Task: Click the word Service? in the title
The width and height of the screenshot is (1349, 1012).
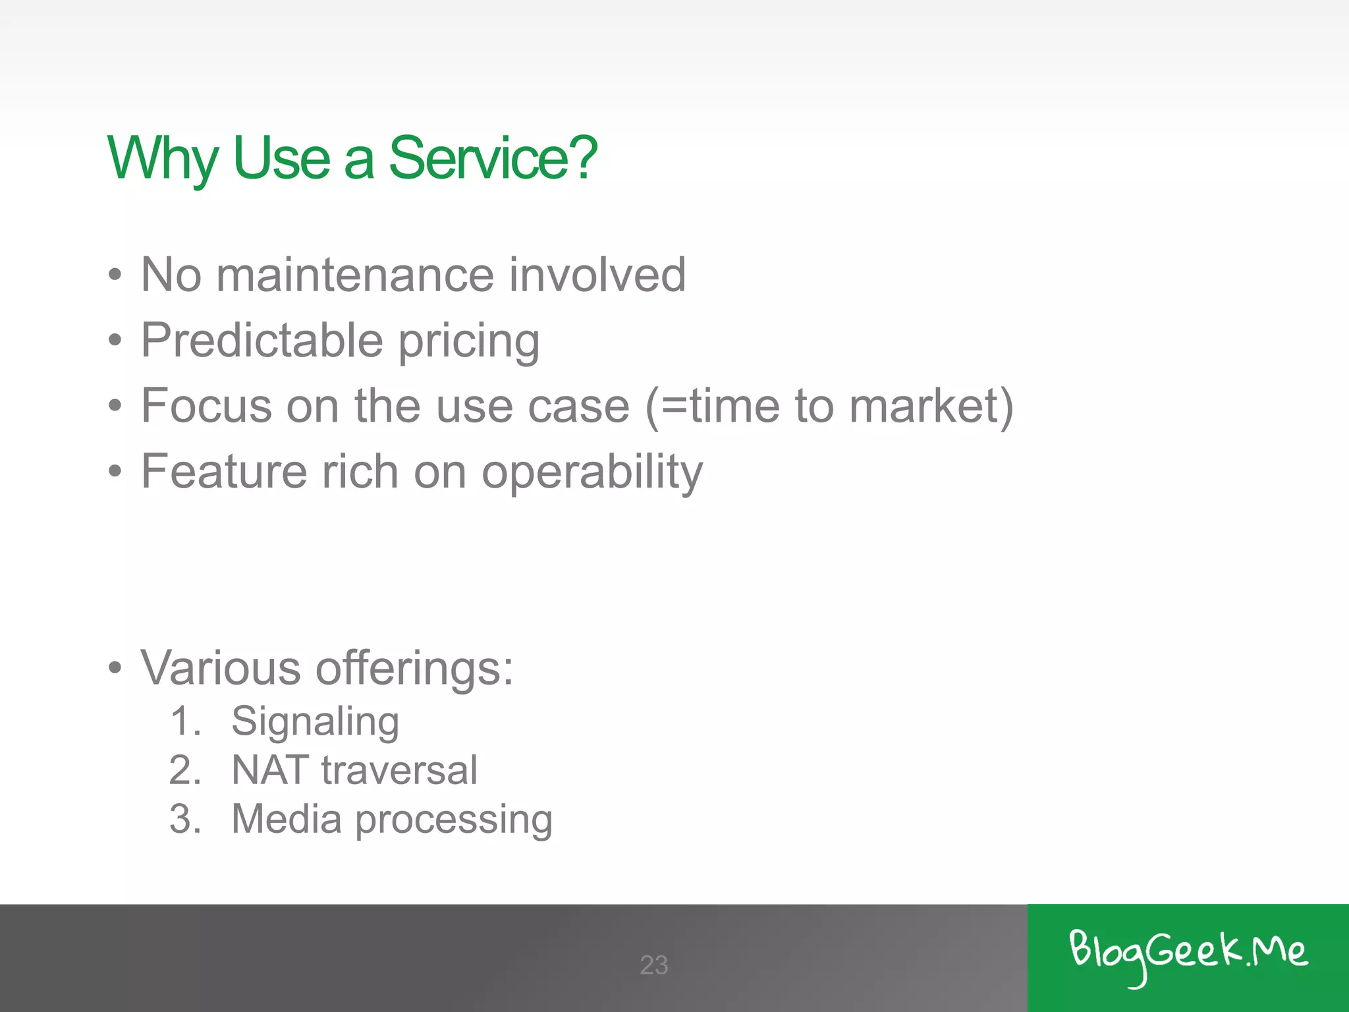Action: (x=493, y=158)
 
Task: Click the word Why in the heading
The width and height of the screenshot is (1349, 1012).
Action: (x=162, y=158)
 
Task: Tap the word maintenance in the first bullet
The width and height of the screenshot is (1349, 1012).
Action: (x=356, y=275)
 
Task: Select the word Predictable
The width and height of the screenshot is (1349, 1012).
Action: (x=262, y=340)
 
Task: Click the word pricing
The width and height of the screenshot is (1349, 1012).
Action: (x=469, y=343)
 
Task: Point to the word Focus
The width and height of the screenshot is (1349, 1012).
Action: (x=206, y=405)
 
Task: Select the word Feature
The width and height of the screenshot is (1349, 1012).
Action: (x=224, y=471)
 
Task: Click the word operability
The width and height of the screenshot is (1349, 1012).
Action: (x=592, y=473)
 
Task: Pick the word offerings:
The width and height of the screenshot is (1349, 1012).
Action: (x=414, y=668)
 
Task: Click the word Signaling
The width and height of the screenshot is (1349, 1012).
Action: (x=315, y=722)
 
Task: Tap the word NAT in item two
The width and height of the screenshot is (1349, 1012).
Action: (x=270, y=770)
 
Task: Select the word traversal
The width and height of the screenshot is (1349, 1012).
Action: (x=399, y=770)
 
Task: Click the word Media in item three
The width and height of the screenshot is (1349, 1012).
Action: (x=287, y=819)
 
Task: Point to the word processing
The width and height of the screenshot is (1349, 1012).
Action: (x=454, y=821)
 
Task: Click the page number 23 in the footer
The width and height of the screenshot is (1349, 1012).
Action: (x=653, y=965)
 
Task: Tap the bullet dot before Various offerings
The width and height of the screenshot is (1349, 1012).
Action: (x=115, y=668)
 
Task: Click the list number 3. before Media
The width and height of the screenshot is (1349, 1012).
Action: (x=185, y=819)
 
